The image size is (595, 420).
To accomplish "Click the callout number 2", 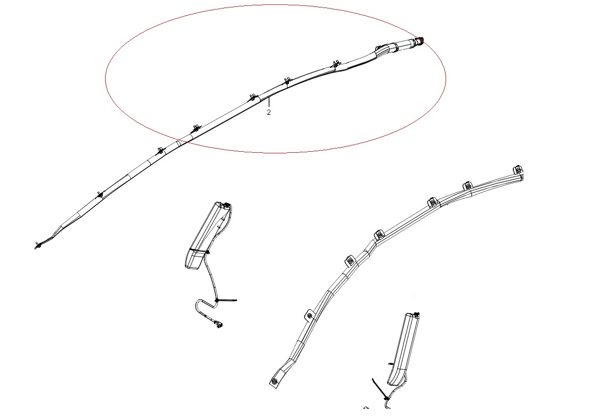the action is coord(268,113).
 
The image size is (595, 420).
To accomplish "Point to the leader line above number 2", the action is coord(268,102).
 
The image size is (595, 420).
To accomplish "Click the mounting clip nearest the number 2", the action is coord(253,97).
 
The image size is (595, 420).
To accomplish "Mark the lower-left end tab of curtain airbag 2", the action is coord(38,246).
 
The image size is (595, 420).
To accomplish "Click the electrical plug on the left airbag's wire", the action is coord(218,324).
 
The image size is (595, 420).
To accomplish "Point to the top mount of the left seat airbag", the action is coord(227,205).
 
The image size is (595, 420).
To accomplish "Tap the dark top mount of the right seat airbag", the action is coord(417,314).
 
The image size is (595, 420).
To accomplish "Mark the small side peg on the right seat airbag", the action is coord(390,364).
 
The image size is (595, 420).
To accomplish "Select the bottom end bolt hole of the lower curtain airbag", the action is coord(274,381).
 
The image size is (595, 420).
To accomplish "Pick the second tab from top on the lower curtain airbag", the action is coord(467,186).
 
